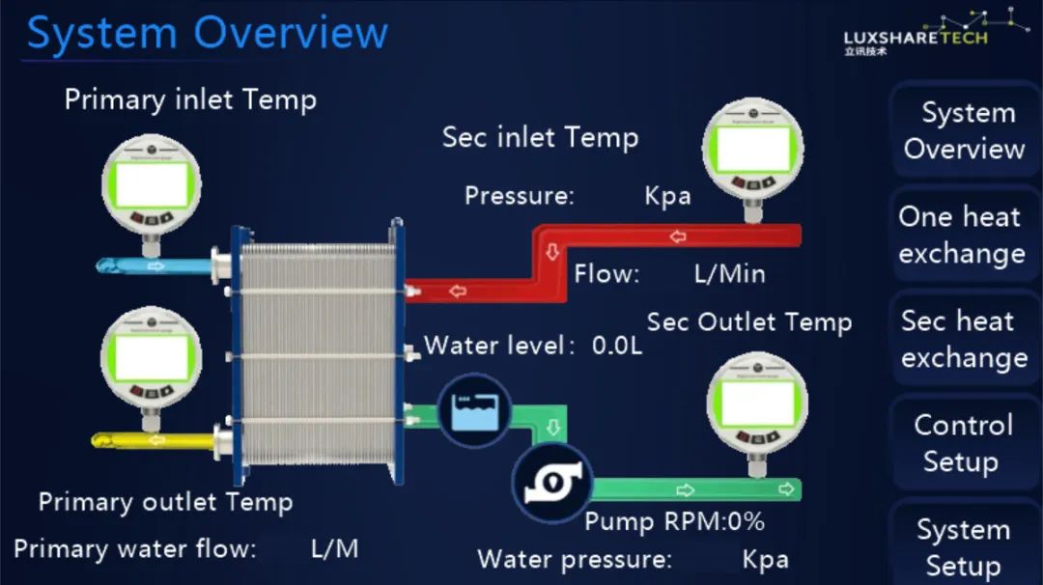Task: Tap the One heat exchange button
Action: [x=960, y=235]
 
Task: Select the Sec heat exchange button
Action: [x=960, y=339]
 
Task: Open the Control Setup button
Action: [x=962, y=443]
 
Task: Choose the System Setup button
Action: [x=962, y=545]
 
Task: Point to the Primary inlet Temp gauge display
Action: [x=152, y=185]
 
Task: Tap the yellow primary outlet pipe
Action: [x=155, y=441]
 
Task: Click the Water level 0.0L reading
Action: [x=533, y=346]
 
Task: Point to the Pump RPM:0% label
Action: [x=674, y=522]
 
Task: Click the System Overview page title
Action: [x=207, y=33]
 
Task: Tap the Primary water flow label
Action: [x=135, y=549]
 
